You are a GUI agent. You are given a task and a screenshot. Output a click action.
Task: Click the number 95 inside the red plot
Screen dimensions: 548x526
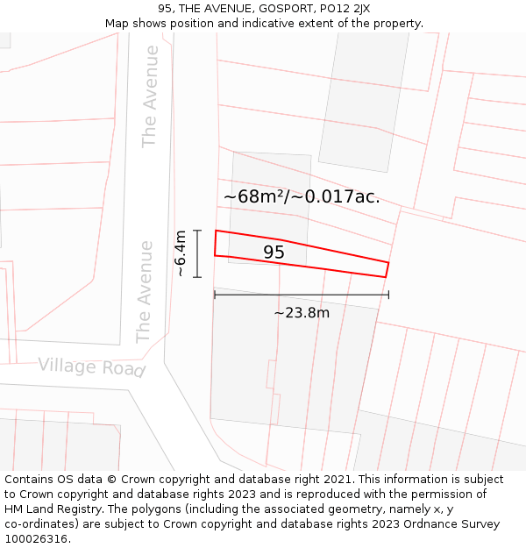[x=274, y=253]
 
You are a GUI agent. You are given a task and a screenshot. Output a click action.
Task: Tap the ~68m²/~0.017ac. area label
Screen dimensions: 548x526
[x=302, y=196]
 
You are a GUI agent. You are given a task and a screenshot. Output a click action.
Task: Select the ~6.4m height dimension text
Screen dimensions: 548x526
[x=180, y=253]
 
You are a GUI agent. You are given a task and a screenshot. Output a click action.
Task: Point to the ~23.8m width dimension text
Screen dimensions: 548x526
[x=302, y=313]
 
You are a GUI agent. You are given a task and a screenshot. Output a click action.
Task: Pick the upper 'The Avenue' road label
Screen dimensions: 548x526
[x=150, y=96]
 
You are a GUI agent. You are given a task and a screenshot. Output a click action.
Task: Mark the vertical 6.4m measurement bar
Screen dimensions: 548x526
[x=198, y=253]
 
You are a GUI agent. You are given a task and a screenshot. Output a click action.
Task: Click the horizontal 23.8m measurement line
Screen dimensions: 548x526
[x=302, y=295]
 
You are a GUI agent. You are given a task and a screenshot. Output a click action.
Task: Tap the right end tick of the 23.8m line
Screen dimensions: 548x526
[x=388, y=295]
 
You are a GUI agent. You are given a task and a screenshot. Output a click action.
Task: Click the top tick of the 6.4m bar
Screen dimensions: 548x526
[x=198, y=231]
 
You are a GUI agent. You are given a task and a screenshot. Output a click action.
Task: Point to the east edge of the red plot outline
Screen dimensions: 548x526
[x=387, y=269]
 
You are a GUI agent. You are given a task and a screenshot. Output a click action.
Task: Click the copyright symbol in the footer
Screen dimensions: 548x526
[x=111, y=480]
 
